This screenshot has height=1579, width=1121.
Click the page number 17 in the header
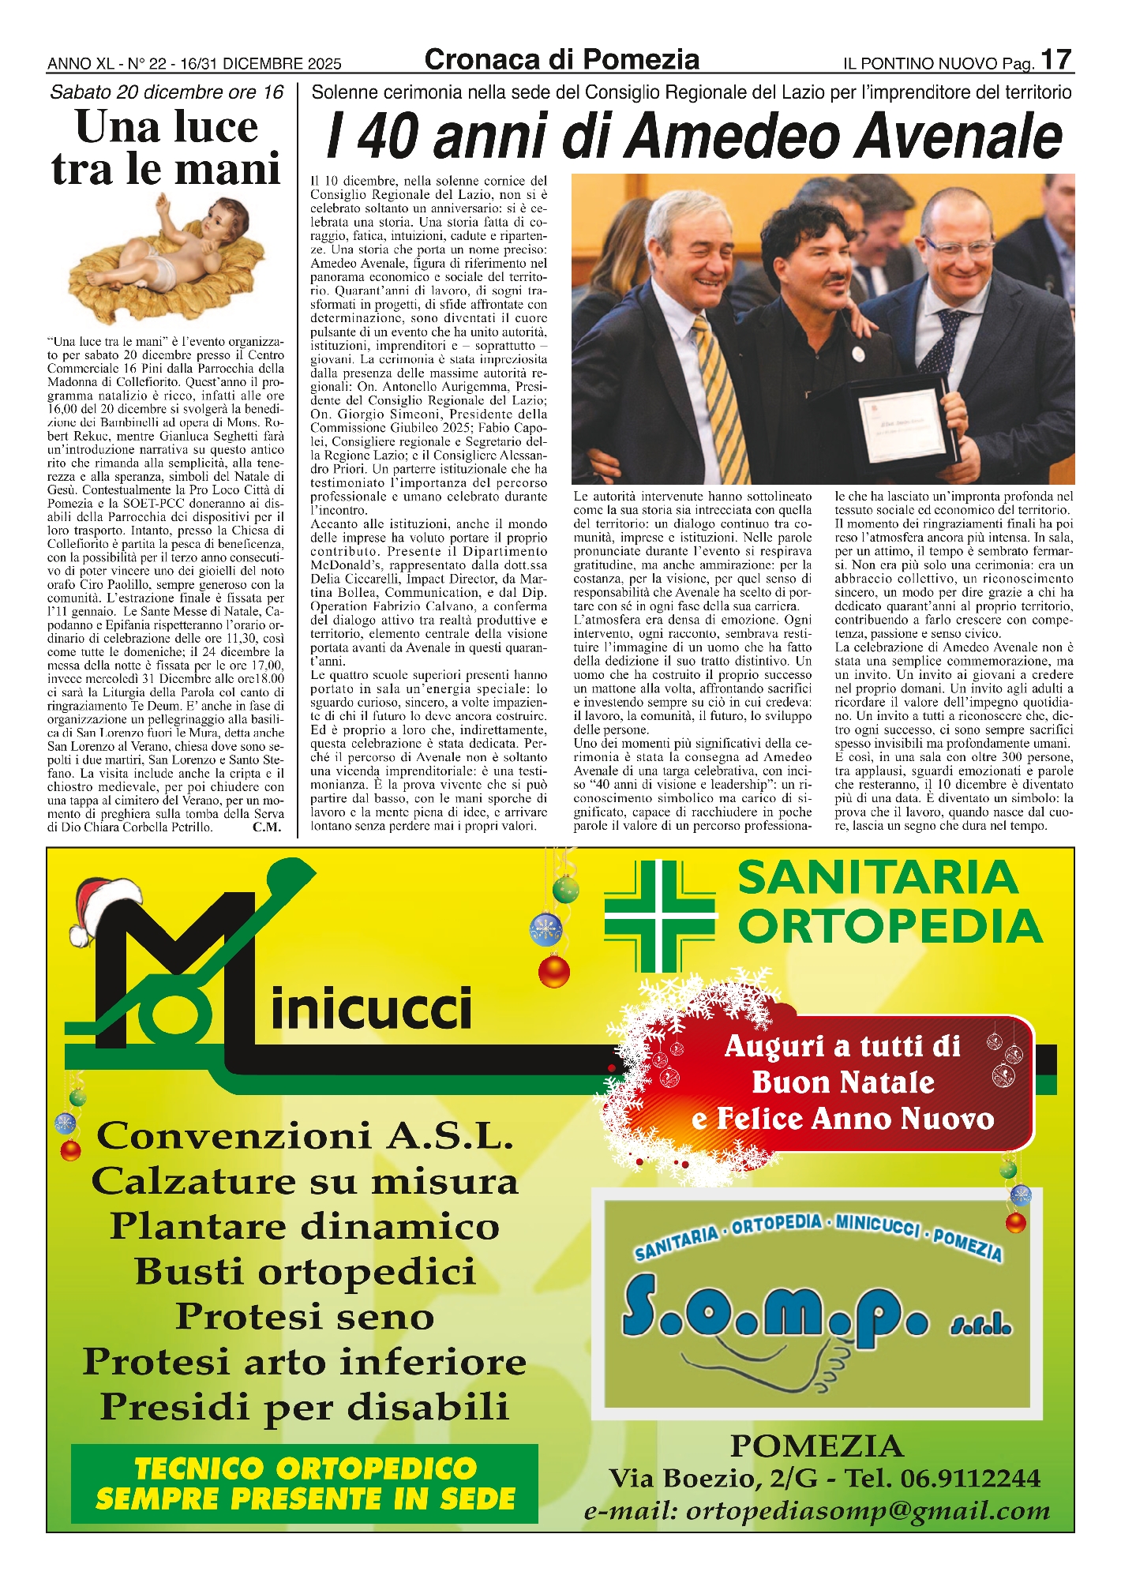pos(1055,59)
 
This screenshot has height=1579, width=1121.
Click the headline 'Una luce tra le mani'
pos(167,148)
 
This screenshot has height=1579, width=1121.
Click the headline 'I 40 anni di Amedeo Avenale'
pos(694,136)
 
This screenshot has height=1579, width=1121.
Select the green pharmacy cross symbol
pos(660,915)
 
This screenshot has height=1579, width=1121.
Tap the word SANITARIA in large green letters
pos(877,877)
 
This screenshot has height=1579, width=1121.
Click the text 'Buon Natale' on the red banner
pos(843,1082)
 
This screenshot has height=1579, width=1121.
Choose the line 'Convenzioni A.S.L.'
pos(305,1135)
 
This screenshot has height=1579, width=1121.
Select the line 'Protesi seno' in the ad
pos(305,1316)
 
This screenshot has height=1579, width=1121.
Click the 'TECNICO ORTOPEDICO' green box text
pos(305,1468)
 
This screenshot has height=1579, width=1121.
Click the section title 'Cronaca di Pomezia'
pos(561,60)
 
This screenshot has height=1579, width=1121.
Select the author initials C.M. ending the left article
pos(267,827)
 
